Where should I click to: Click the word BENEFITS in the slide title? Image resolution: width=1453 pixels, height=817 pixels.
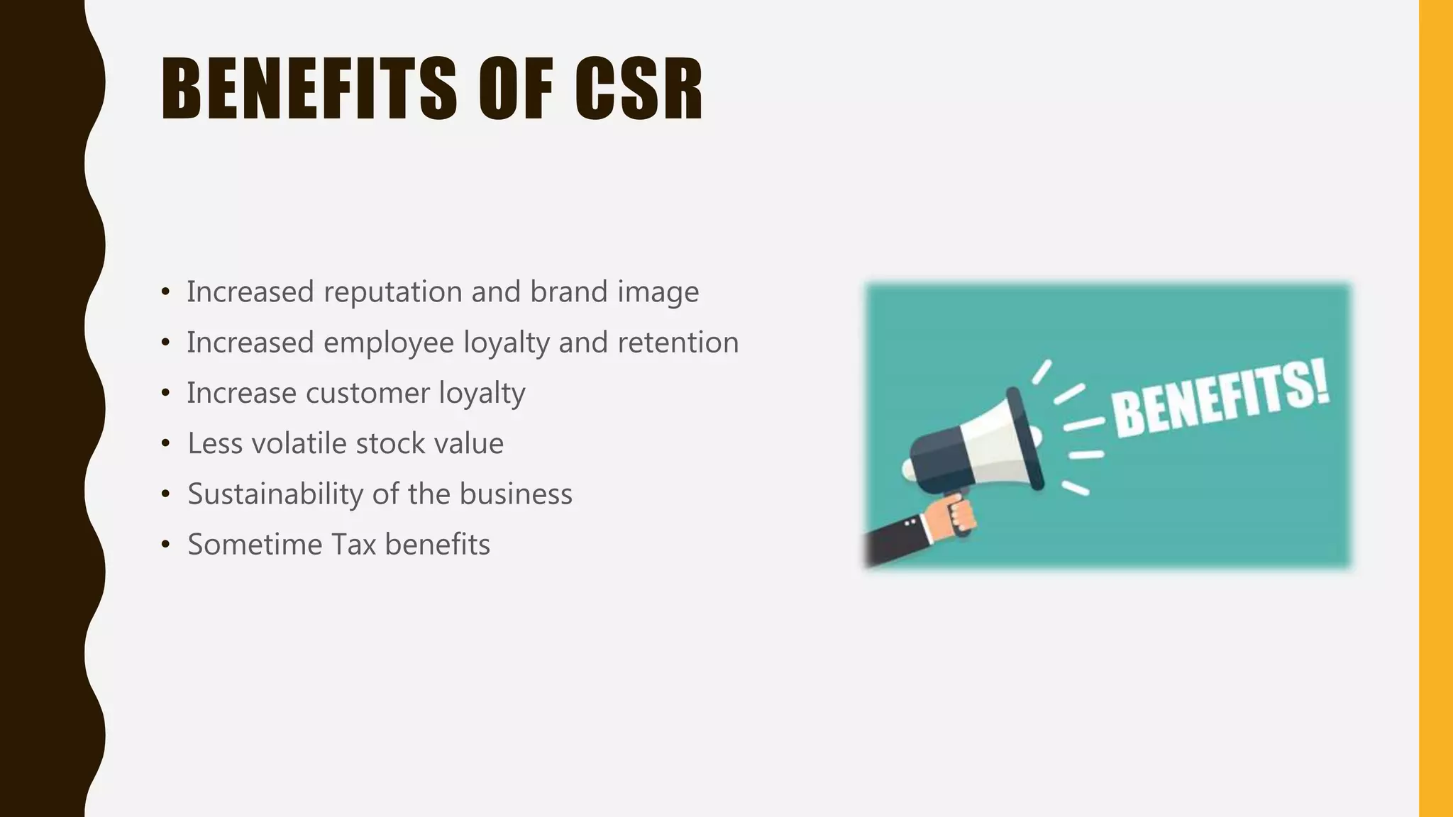pos(309,89)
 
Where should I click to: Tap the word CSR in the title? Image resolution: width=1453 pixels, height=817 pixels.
pos(639,89)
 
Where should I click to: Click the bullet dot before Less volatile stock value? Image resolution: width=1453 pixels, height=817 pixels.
pos(165,444)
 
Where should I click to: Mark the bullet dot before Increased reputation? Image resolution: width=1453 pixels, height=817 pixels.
pos(165,292)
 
